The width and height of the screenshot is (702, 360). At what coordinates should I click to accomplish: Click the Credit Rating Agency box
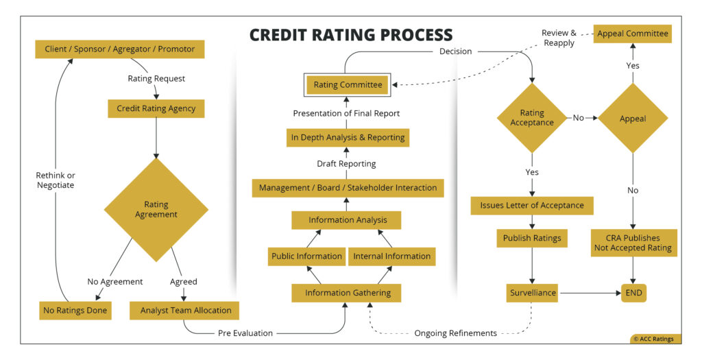click(x=156, y=108)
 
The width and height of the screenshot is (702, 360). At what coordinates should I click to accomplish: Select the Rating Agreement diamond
click(x=156, y=209)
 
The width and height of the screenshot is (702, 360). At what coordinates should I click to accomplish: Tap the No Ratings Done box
click(x=75, y=310)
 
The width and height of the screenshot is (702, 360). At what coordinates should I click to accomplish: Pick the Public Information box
click(x=306, y=256)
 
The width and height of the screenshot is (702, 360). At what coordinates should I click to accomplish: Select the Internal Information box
click(x=391, y=256)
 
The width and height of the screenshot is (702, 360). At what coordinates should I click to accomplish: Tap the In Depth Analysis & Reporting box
click(x=348, y=137)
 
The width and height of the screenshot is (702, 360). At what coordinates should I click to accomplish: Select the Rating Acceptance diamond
click(x=532, y=118)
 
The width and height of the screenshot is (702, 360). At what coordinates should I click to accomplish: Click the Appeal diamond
click(x=632, y=118)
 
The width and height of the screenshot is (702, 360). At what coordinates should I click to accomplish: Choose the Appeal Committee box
click(x=632, y=33)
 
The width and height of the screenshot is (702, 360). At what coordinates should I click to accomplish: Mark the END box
click(x=634, y=293)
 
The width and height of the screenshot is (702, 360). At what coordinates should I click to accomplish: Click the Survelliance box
click(x=532, y=293)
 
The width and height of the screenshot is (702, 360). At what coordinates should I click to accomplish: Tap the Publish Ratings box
click(x=532, y=239)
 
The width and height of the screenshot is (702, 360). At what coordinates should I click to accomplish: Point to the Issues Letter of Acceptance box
click(x=532, y=205)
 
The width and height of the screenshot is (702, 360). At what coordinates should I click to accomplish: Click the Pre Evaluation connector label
click(x=245, y=333)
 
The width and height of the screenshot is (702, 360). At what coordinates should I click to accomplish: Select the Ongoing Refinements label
click(x=455, y=333)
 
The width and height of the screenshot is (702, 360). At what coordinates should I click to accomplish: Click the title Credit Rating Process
click(x=350, y=35)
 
